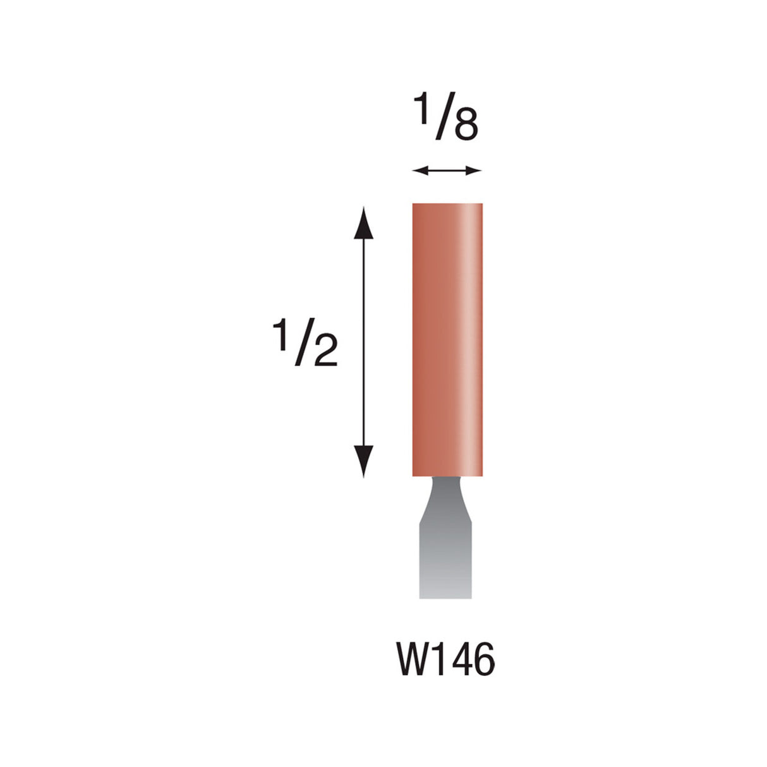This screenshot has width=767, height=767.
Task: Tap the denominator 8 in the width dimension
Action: coord(465,126)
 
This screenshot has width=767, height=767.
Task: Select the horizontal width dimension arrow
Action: coord(447,170)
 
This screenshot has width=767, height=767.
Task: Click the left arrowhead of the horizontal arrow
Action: coord(417,170)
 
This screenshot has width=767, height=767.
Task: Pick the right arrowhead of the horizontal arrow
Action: coord(475,170)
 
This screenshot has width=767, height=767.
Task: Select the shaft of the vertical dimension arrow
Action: coord(363,341)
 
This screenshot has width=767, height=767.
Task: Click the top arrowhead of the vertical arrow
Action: coord(363,221)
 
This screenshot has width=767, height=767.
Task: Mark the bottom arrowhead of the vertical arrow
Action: coord(363,460)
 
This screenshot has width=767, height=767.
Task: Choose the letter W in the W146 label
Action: coord(413,660)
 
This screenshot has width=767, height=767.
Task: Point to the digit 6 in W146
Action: coord(483,660)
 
